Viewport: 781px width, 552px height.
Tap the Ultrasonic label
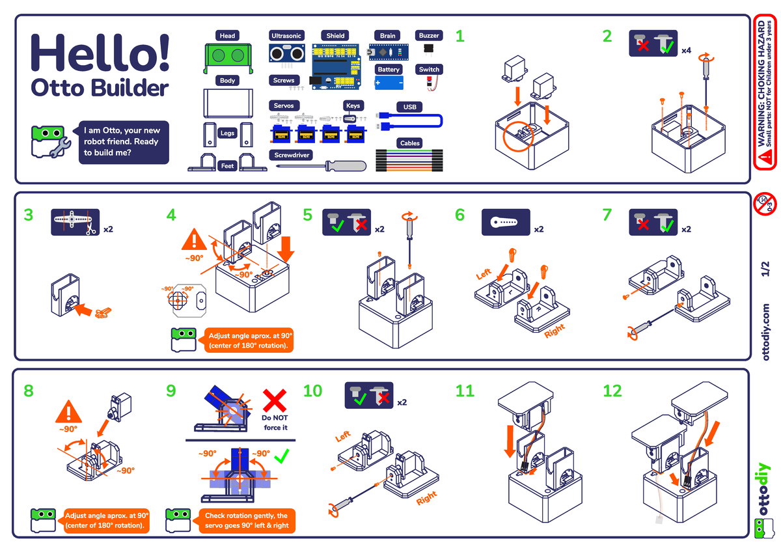point(286,36)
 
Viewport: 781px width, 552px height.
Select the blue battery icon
point(389,83)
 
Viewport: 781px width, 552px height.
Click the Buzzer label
point(429,36)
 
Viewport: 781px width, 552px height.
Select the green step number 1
point(460,36)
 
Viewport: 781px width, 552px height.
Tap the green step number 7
point(607,214)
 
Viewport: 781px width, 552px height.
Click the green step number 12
point(612,391)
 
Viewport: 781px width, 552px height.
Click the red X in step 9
point(275,399)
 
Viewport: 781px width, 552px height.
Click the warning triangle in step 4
point(193,241)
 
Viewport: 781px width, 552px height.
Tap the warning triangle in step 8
point(68,413)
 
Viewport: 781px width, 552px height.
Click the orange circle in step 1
point(518,134)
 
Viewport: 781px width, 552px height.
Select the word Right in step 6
point(555,331)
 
